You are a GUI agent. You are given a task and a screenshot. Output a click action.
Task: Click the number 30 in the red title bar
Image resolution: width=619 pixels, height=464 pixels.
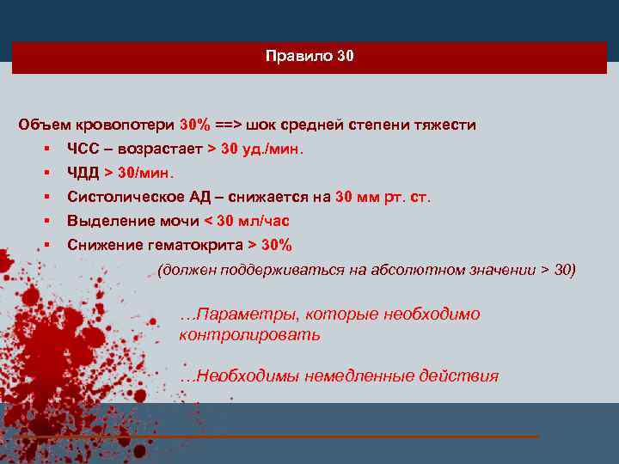(345, 57)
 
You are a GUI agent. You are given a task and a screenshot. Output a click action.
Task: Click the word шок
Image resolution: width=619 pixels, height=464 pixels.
(261, 125)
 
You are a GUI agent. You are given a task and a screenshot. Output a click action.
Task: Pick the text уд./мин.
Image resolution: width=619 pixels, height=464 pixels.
(273, 149)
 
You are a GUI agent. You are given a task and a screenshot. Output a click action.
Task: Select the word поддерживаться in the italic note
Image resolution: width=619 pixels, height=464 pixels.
(279, 270)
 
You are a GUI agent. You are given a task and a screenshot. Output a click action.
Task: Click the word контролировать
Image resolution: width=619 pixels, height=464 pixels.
(249, 334)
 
